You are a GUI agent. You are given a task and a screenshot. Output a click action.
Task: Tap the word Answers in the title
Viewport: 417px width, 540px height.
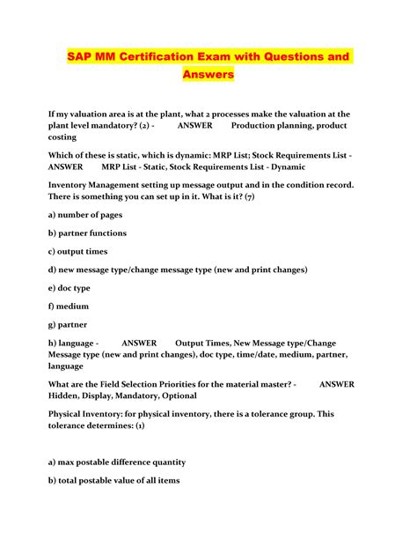[208, 75]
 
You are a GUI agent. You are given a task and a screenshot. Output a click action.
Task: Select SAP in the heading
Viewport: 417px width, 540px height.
[82, 56]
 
